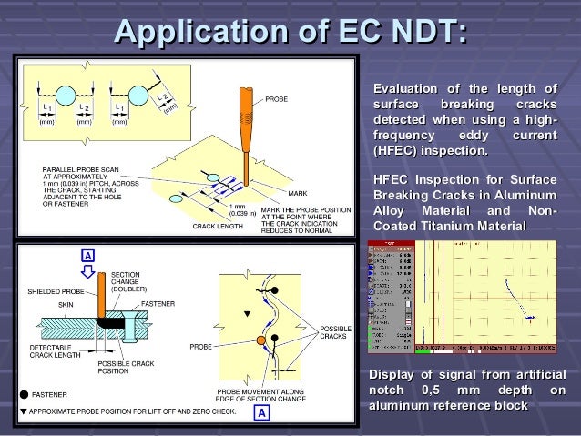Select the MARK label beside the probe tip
pos(298,194)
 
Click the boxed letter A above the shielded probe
pos(88,256)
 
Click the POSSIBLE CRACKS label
pos(334,331)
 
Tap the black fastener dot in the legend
pos(24,395)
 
